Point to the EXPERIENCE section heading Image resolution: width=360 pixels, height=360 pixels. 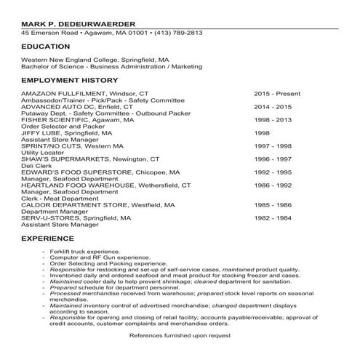[47, 239]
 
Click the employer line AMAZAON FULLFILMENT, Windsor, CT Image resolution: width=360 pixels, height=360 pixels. [84, 94]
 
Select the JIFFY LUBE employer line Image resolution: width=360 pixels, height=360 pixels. [67, 133]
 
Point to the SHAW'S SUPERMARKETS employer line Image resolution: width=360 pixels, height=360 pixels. [90, 159]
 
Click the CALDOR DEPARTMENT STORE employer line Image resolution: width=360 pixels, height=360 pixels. [98, 205]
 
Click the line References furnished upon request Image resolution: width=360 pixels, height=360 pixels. [180, 335]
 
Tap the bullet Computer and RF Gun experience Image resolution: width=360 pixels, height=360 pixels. [89, 257]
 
